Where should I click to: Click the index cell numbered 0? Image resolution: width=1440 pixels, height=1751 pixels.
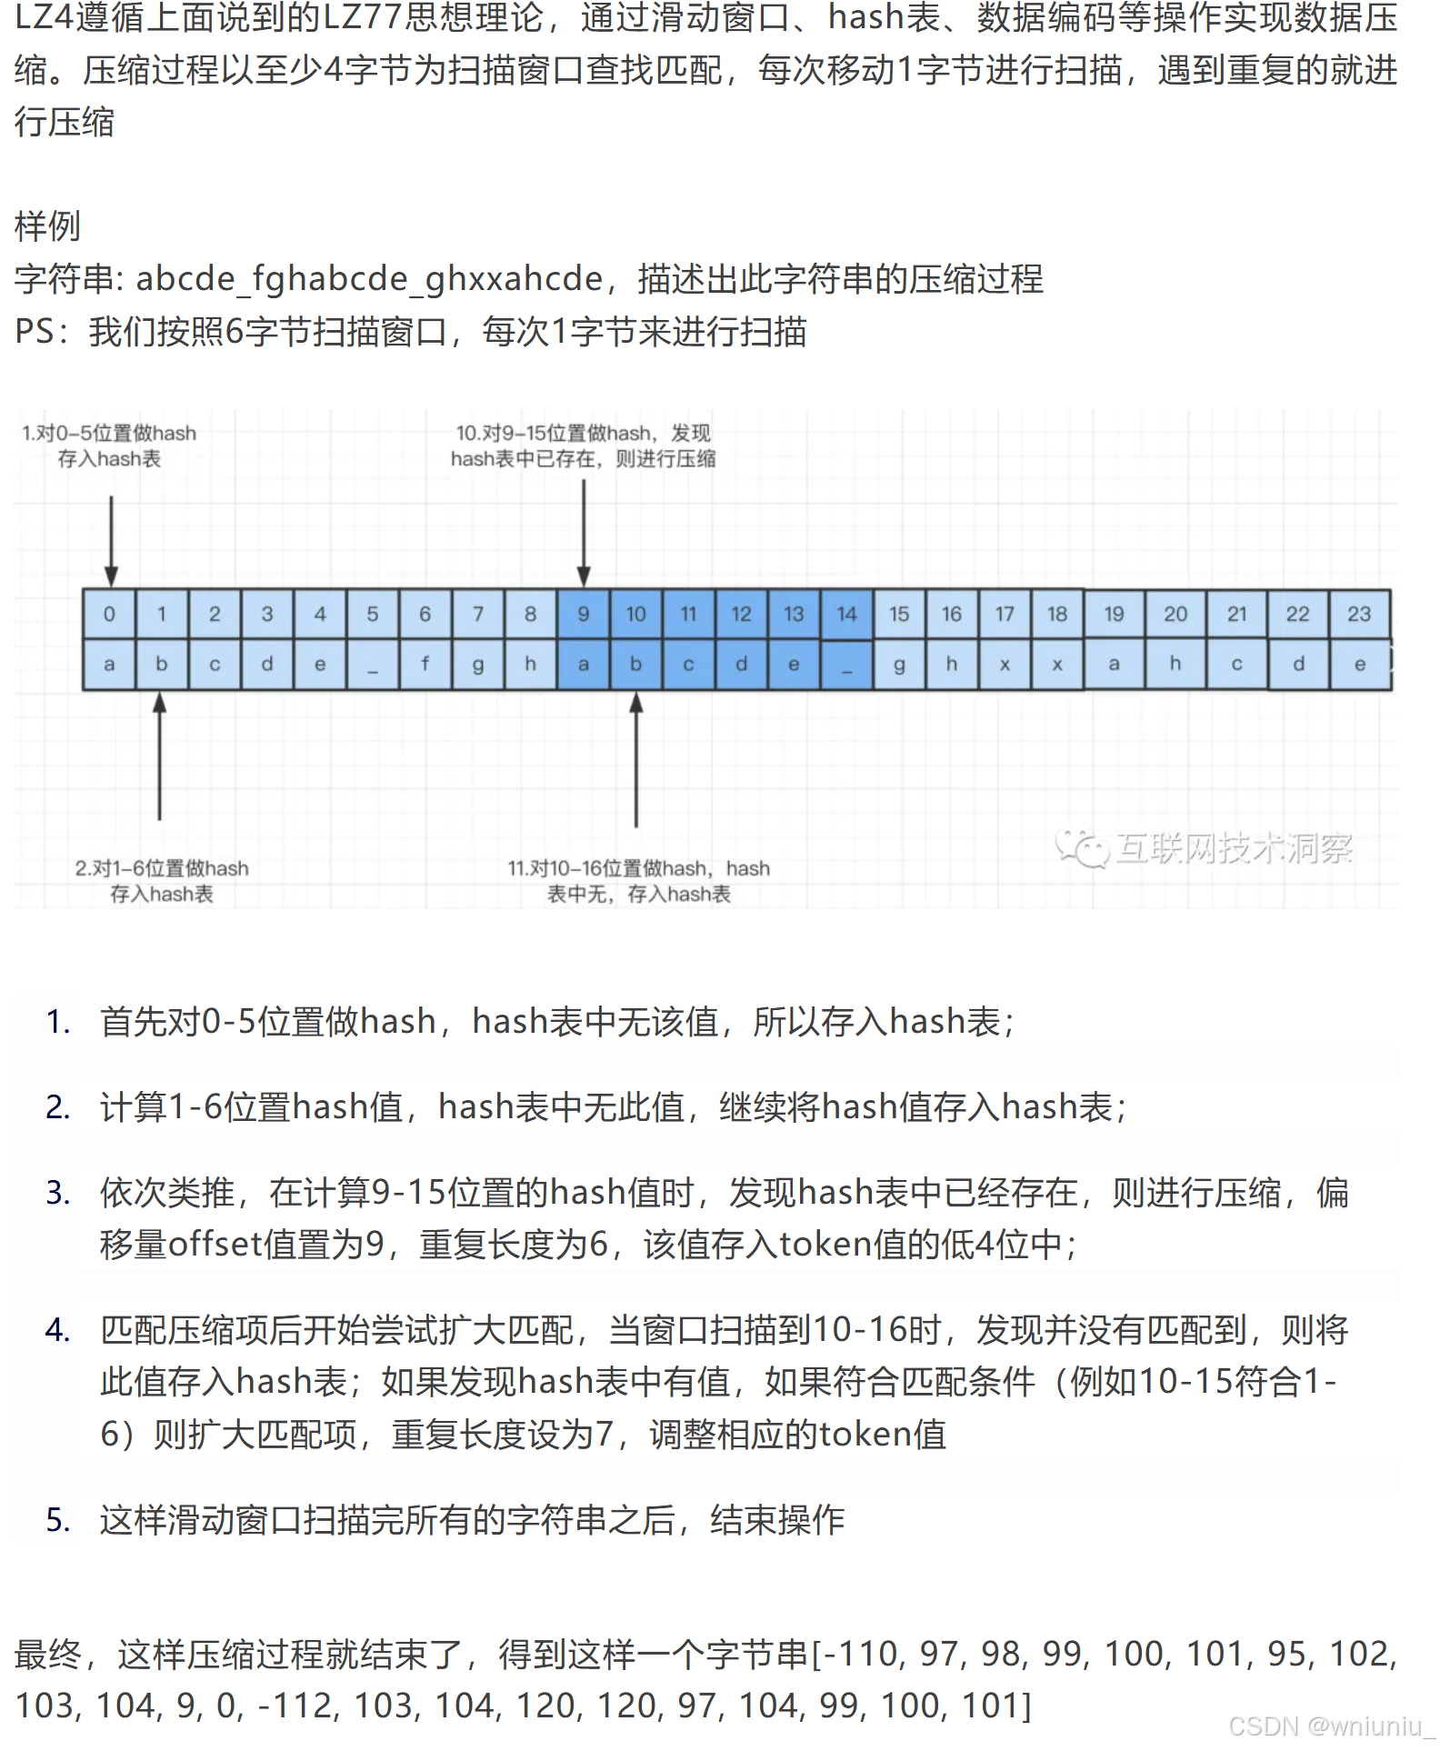[x=109, y=614]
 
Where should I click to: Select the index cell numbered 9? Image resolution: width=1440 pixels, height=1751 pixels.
[x=584, y=614]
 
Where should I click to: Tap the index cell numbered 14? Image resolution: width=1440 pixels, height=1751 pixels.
[x=847, y=614]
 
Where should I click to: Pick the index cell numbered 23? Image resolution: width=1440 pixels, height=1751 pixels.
[x=1359, y=614]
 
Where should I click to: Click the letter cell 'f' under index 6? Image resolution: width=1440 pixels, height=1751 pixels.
[x=425, y=664]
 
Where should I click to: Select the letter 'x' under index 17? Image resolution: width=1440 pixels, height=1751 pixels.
[x=1005, y=664]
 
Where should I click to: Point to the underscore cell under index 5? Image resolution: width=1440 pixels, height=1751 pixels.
[x=373, y=664]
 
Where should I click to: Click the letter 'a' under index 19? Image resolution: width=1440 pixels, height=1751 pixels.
[x=1114, y=664]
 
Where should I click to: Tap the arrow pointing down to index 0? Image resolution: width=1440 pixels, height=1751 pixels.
[x=111, y=541]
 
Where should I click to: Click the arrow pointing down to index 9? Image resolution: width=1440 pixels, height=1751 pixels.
[x=584, y=533]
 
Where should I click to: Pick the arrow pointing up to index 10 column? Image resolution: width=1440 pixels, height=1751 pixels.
[x=636, y=759]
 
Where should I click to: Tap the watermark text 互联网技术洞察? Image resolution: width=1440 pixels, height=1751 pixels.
[x=1234, y=848]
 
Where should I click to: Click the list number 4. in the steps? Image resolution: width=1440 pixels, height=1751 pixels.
[x=58, y=1330]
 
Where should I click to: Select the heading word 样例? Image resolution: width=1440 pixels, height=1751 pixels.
[x=47, y=226]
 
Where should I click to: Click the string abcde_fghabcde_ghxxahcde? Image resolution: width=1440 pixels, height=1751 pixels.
[x=369, y=279]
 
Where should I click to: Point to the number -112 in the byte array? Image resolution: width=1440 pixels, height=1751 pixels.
[x=298, y=1706]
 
